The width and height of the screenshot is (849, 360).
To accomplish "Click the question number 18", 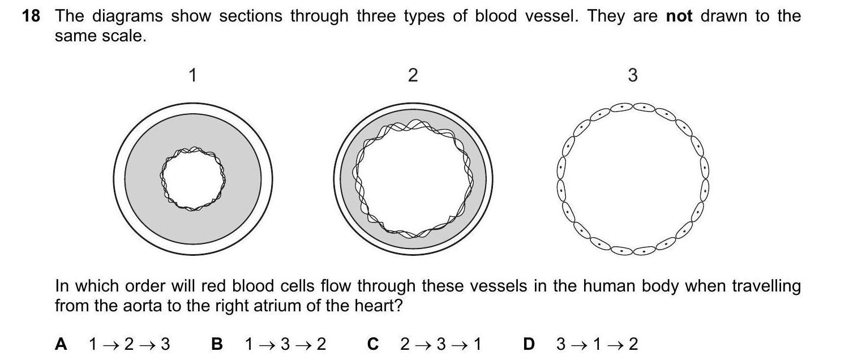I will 31,16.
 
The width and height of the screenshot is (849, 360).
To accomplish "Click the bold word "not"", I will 679,16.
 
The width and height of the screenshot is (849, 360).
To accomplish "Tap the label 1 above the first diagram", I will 192,75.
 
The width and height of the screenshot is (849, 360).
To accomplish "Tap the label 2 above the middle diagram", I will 413,75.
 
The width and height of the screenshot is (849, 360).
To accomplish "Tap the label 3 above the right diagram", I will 633,75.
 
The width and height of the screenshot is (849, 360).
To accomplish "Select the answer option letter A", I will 61,344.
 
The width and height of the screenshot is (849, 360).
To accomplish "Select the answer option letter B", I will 217,344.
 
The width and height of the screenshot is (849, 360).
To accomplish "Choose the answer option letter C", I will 372,344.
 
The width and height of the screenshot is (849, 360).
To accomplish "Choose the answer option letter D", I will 529,344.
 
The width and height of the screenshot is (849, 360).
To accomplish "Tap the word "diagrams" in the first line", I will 128,16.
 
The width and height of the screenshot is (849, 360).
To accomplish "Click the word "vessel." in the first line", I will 551,16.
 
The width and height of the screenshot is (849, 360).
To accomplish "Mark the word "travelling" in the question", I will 766,286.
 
